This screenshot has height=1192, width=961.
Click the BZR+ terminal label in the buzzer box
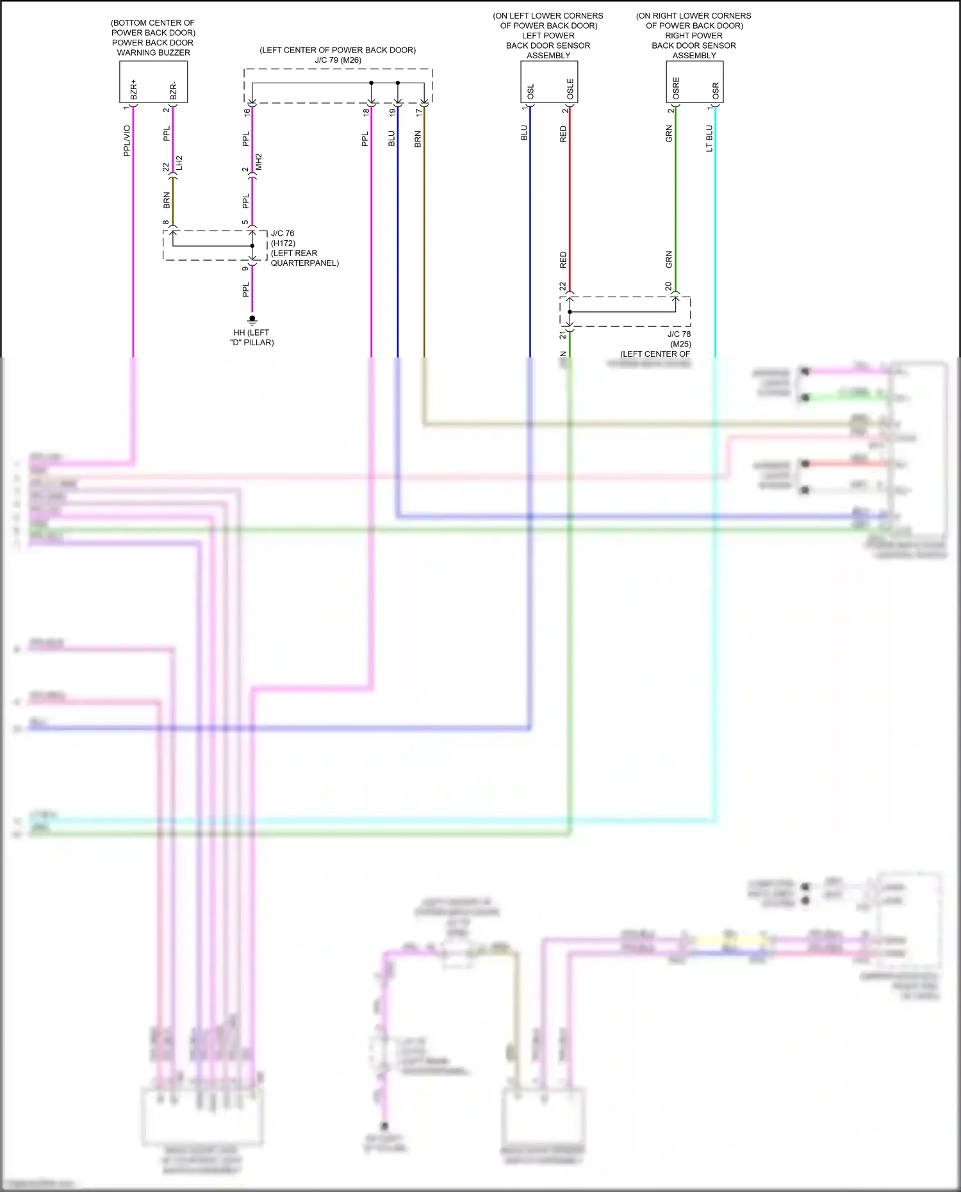[134, 89]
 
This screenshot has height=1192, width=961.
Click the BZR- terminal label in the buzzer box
[174, 90]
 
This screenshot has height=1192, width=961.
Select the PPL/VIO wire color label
[127, 140]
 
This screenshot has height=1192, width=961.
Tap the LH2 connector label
[180, 163]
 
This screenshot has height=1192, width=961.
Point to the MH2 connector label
[259, 161]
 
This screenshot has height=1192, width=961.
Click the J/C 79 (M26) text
[338, 60]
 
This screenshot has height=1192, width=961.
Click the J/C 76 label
[283, 233]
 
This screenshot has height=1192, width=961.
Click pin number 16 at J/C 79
[247, 112]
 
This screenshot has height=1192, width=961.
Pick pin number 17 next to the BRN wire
[419, 112]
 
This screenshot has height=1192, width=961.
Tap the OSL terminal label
[530, 92]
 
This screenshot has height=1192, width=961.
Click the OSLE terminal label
[570, 89]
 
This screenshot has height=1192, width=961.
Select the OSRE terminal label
[676, 89]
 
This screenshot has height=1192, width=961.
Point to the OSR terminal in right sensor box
[716, 91]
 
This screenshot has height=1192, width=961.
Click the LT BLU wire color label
[709, 138]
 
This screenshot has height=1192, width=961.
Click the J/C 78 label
[678, 334]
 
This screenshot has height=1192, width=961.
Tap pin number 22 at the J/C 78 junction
[563, 286]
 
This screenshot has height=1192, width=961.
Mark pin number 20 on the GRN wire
[668, 286]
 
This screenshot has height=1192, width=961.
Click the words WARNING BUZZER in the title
[153, 53]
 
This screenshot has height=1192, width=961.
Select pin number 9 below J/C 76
[245, 268]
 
